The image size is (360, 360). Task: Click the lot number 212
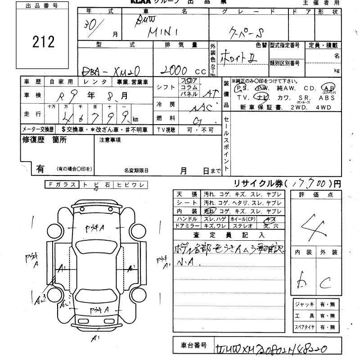pos(43,42)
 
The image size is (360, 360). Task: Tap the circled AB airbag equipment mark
pos(328,88)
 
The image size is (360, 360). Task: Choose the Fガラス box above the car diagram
pos(62,184)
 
